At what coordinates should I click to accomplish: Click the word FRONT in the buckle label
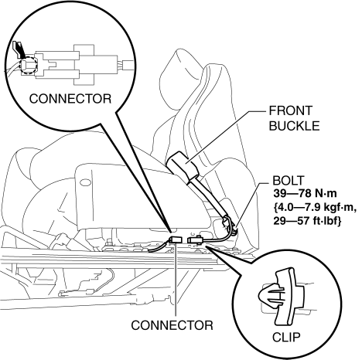tap(290, 111)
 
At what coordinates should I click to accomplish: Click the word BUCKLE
tap(294, 126)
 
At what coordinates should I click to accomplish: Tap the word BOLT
tap(289, 181)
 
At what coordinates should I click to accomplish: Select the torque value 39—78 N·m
tap(305, 193)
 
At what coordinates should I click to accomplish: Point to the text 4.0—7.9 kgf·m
tap(315, 207)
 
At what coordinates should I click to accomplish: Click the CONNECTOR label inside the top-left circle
tap(70, 99)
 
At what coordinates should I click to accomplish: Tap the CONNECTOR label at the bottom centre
tap(172, 325)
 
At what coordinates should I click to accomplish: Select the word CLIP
tap(286, 338)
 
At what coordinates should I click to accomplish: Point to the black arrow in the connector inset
tap(19, 49)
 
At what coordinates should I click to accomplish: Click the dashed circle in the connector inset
tap(29, 66)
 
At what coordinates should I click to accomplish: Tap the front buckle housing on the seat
tap(182, 165)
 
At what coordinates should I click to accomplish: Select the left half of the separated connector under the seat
tap(176, 239)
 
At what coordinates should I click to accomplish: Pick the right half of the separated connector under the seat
tap(196, 239)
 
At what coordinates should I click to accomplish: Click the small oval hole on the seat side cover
tap(86, 182)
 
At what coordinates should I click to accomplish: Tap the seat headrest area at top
tap(203, 77)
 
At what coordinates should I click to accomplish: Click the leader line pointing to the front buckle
tap(226, 137)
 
